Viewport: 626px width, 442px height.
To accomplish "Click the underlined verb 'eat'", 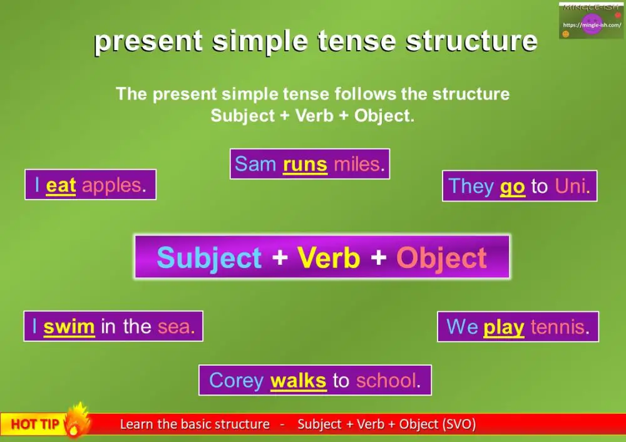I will pyautogui.click(x=61, y=185).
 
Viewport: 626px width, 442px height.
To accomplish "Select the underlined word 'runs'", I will pyautogui.click(x=305, y=164).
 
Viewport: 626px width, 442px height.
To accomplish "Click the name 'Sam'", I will pyautogui.click(x=255, y=164).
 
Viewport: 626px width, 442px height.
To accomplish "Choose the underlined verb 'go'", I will pyautogui.click(x=512, y=187).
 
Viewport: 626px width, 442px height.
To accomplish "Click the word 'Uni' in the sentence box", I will pyautogui.click(x=571, y=187).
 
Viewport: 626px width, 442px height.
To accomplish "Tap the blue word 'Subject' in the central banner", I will pyautogui.click(x=209, y=258).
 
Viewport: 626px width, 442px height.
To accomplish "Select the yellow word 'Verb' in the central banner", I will pyautogui.click(x=329, y=258).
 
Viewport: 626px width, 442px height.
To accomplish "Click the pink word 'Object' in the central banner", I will pyautogui.click(x=441, y=258).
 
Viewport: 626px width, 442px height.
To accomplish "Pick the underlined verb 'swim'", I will pyautogui.click(x=69, y=326).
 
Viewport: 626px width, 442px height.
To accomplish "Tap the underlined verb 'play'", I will pyautogui.click(x=503, y=327).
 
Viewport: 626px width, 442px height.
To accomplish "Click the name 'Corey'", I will pyautogui.click(x=237, y=380).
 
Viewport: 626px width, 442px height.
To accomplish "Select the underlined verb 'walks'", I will pyautogui.click(x=298, y=380).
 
